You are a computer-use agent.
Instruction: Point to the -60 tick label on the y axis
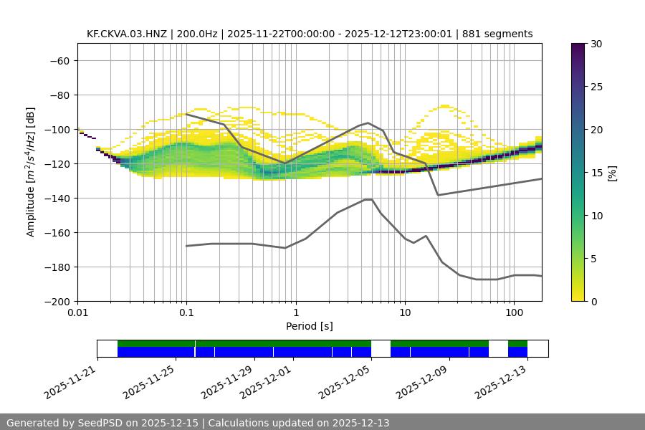click(x=59, y=61)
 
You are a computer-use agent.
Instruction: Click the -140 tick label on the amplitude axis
click(x=57, y=199)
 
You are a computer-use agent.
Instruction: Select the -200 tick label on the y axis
click(x=57, y=302)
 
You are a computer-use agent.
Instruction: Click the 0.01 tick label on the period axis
click(x=77, y=313)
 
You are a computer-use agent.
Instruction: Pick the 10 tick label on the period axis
click(x=404, y=313)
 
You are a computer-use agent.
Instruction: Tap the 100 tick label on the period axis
click(x=513, y=313)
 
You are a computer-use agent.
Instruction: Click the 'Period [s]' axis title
click(x=309, y=327)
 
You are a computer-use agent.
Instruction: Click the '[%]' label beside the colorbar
click(x=611, y=173)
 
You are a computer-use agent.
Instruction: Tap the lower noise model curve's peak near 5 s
click(x=368, y=199)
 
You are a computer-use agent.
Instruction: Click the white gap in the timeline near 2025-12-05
click(x=381, y=348)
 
